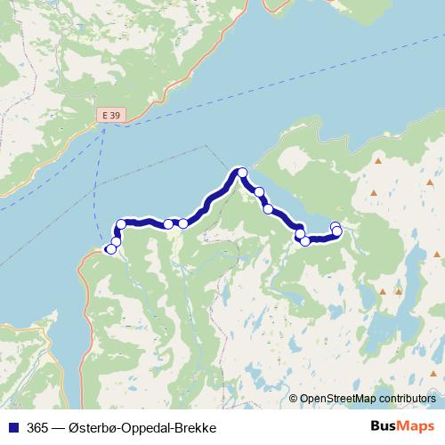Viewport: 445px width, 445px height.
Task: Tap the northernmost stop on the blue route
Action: click(x=240, y=172)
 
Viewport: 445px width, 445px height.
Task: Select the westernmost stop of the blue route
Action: click(x=110, y=249)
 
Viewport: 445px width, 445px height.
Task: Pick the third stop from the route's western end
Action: click(x=121, y=225)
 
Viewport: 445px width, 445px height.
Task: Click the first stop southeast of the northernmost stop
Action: click(x=259, y=191)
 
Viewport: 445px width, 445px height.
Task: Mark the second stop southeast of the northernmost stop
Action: click(x=268, y=209)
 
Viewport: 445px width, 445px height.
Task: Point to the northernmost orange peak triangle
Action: click(x=378, y=161)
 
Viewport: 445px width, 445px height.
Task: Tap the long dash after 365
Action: click(x=57, y=428)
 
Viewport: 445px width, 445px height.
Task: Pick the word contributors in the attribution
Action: click(x=403, y=400)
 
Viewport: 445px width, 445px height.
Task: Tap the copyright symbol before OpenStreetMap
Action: click(x=294, y=400)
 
